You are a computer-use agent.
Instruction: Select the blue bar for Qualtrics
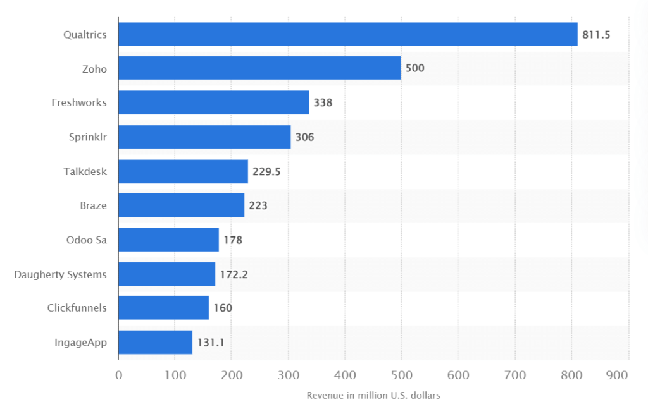tap(347, 34)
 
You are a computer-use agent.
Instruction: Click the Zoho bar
tap(259, 68)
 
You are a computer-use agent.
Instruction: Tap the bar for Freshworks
tap(213, 102)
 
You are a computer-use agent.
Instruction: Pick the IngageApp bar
tap(155, 342)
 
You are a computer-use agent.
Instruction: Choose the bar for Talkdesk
tap(183, 171)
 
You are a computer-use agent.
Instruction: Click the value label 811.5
tap(596, 35)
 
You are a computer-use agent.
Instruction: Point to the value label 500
tap(414, 68)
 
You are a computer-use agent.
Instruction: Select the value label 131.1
tap(210, 343)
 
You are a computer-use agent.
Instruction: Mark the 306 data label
tap(304, 137)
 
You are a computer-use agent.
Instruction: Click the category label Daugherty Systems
tap(60, 274)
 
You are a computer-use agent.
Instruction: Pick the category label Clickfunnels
tap(77, 308)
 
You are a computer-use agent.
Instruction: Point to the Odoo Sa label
tap(86, 240)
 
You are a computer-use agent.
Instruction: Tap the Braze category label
tap(93, 205)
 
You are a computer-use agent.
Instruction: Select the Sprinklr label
tap(87, 137)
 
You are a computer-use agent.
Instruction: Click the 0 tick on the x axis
tap(118, 375)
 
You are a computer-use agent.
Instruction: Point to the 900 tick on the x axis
tap(616, 375)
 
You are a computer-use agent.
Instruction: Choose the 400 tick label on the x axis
tap(345, 375)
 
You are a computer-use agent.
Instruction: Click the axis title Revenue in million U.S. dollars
tap(373, 396)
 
